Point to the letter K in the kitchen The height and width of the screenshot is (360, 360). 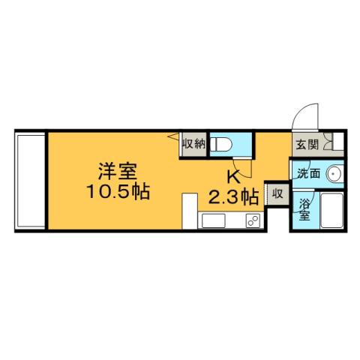[x=233, y=178]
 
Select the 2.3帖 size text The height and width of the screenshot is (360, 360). [x=233, y=197]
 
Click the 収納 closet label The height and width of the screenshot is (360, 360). [x=193, y=143]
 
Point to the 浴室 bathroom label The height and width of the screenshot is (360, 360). [x=305, y=209]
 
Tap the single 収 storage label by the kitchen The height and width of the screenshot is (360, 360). [x=276, y=193]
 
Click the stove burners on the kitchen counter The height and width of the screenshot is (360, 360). [x=251, y=221]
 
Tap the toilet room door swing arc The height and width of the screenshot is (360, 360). [x=238, y=168]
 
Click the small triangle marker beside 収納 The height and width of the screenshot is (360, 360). [x=173, y=136]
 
